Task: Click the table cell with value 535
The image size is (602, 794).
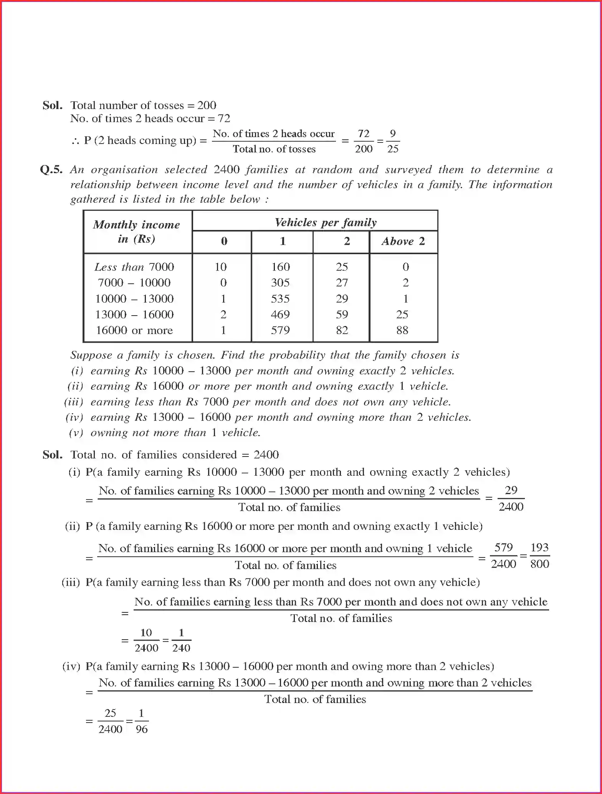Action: (280, 299)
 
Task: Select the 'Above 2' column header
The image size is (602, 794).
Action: (403, 242)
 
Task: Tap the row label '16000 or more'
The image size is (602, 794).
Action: (134, 330)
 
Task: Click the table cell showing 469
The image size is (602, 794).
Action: (280, 314)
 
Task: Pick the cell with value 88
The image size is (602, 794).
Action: (402, 330)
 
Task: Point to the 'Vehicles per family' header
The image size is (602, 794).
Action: (326, 222)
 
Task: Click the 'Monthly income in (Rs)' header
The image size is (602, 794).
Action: (137, 232)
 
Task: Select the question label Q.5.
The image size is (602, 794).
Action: (51, 170)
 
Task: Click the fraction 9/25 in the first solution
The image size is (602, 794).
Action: (392, 141)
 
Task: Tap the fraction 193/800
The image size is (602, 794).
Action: (539, 556)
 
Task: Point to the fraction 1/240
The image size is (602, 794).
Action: (181, 640)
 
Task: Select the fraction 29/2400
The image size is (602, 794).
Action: (511, 498)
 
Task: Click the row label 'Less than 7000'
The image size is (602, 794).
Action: (134, 267)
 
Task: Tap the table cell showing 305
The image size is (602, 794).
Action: (280, 283)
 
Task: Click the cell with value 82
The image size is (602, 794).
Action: (342, 330)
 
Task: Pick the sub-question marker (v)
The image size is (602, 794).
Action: (76, 433)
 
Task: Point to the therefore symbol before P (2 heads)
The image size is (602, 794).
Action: (75, 141)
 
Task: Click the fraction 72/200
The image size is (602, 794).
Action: (364, 141)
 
